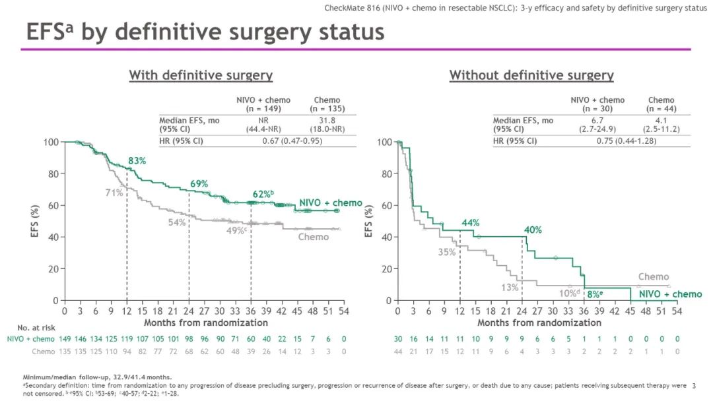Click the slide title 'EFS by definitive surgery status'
pyautogui.click(x=205, y=32)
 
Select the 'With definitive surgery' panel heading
pyautogui.click(x=201, y=75)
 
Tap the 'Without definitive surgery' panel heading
pyautogui.click(x=531, y=75)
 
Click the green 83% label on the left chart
pyautogui.click(x=136, y=161)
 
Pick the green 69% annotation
pyautogui.click(x=199, y=183)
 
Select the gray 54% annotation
pyautogui.click(x=176, y=222)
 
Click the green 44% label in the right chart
pyautogui.click(x=470, y=223)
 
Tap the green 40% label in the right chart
pyautogui.click(x=533, y=230)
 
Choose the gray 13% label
pyautogui.click(x=509, y=287)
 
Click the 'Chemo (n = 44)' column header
pyautogui.click(x=660, y=104)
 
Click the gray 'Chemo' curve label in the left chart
pyautogui.click(x=313, y=237)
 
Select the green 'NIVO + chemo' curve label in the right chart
pyautogui.click(x=670, y=294)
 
